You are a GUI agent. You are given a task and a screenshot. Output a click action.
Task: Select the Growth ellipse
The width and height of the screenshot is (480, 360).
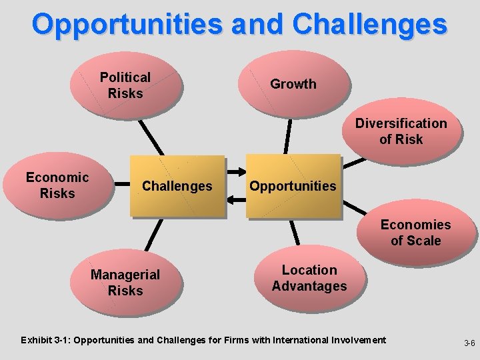click(x=293, y=84)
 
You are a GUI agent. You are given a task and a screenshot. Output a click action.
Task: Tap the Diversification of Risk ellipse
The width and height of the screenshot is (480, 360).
click(x=401, y=131)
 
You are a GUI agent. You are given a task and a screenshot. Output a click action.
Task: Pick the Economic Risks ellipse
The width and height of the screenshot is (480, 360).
click(x=57, y=185)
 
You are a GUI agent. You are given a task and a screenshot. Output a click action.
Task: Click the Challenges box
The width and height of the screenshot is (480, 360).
click(x=177, y=186)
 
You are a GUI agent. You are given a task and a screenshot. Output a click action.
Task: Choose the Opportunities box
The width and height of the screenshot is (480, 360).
click(x=293, y=186)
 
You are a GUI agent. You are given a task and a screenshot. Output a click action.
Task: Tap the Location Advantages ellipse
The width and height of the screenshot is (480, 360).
click(x=309, y=278)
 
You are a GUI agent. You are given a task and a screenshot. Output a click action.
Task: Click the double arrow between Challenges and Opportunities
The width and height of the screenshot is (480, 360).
click(x=236, y=197)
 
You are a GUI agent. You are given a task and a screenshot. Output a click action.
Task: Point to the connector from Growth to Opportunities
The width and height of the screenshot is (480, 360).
click(x=288, y=136)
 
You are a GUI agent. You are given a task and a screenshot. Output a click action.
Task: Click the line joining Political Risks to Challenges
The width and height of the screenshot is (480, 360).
click(x=151, y=138)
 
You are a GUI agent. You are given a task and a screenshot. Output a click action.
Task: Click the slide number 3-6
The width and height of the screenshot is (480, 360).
click(x=469, y=343)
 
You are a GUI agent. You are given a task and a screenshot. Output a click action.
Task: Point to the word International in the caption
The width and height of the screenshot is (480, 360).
click(x=299, y=341)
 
